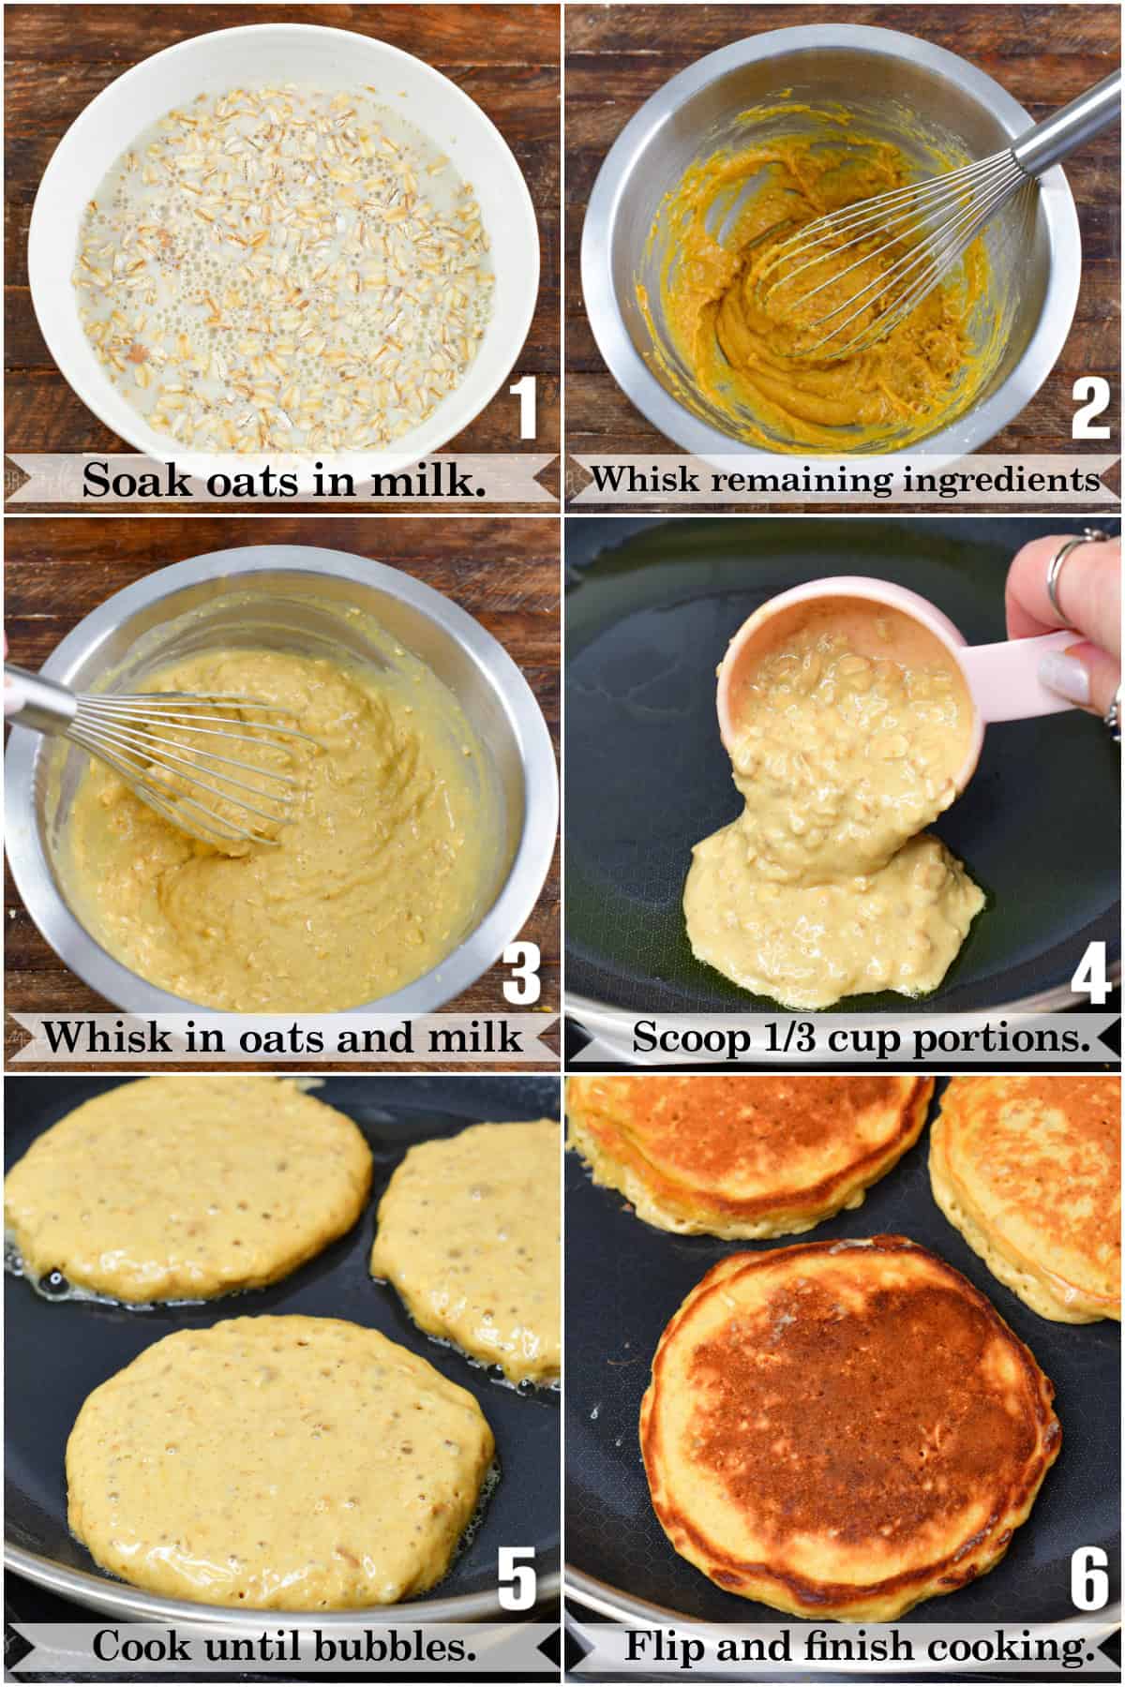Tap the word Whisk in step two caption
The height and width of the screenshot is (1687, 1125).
click(645, 479)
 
